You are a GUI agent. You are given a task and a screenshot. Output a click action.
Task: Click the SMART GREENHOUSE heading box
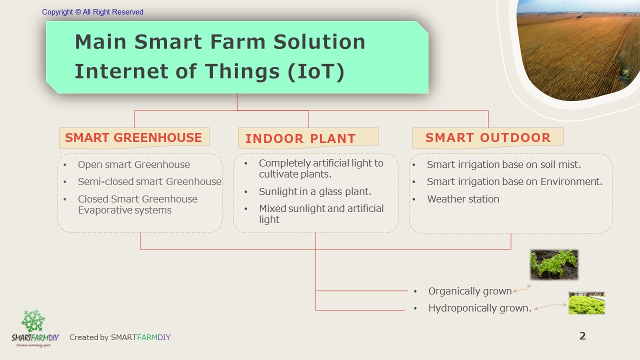pos(134,138)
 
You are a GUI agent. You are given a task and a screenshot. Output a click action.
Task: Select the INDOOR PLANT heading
pos(308,138)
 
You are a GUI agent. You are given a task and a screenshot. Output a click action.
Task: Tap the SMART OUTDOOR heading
pos(487,138)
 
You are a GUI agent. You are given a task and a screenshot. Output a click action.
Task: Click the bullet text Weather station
pos(463,199)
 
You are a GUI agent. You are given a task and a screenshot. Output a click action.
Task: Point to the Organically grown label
pos(469,291)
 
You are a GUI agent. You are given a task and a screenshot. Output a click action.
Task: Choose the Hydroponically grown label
pos(479,308)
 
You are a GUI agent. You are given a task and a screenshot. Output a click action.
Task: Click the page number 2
pos(582,335)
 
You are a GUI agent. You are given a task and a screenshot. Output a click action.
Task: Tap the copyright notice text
pos(92,12)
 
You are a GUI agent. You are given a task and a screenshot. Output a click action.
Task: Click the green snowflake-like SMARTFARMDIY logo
pos(33,321)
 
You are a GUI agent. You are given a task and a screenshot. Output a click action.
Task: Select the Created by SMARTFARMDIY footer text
pos(119,337)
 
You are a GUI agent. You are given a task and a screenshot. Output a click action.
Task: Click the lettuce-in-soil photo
pos(554,264)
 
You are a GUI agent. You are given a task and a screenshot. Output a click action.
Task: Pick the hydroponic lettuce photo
pos(586,303)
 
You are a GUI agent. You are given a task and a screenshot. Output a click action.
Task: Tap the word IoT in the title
pos(315,71)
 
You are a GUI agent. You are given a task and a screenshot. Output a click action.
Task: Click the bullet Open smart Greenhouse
pos(133,164)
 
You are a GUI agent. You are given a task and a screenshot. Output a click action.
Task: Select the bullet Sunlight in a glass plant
pos(315,191)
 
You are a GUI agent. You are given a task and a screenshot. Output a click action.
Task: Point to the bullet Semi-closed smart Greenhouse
pos(149,181)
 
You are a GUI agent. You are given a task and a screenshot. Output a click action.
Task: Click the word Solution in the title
pos(319,41)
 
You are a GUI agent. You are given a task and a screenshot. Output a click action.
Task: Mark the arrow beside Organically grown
pos(521,288)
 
